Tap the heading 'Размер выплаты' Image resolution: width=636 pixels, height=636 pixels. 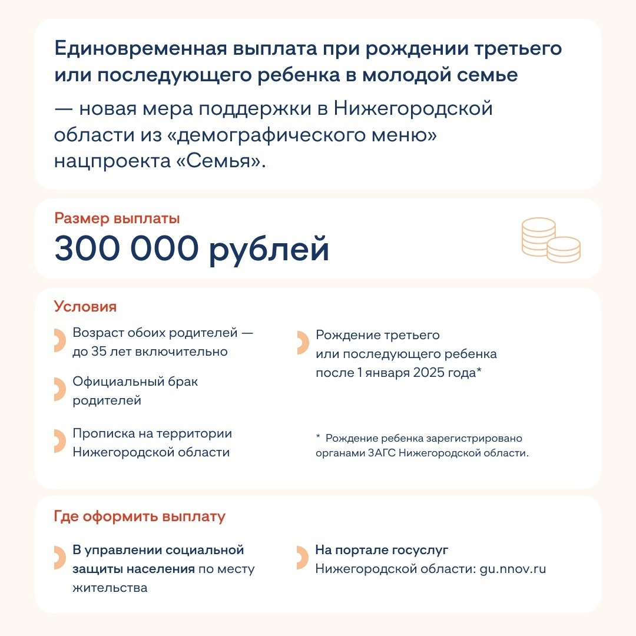point(117,218)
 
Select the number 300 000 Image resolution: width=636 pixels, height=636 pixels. point(127,249)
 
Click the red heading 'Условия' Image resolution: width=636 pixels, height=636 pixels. point(85,307)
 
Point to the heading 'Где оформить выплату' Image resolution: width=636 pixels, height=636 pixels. point(140,517)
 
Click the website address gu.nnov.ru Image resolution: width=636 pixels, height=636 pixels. point(513,569)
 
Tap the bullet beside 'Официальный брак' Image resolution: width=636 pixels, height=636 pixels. point(59,390)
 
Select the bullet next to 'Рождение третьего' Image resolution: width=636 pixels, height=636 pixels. point(302,343)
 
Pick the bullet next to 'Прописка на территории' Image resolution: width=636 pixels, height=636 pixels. point(59,442)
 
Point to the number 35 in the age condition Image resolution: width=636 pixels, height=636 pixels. point(98,352)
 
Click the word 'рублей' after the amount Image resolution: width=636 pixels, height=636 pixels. point(269,249)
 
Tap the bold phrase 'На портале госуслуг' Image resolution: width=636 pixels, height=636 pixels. point(382,550)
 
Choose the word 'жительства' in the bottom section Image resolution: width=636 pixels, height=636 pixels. point(110,588)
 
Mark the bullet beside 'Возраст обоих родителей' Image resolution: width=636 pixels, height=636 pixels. point(59,341)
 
